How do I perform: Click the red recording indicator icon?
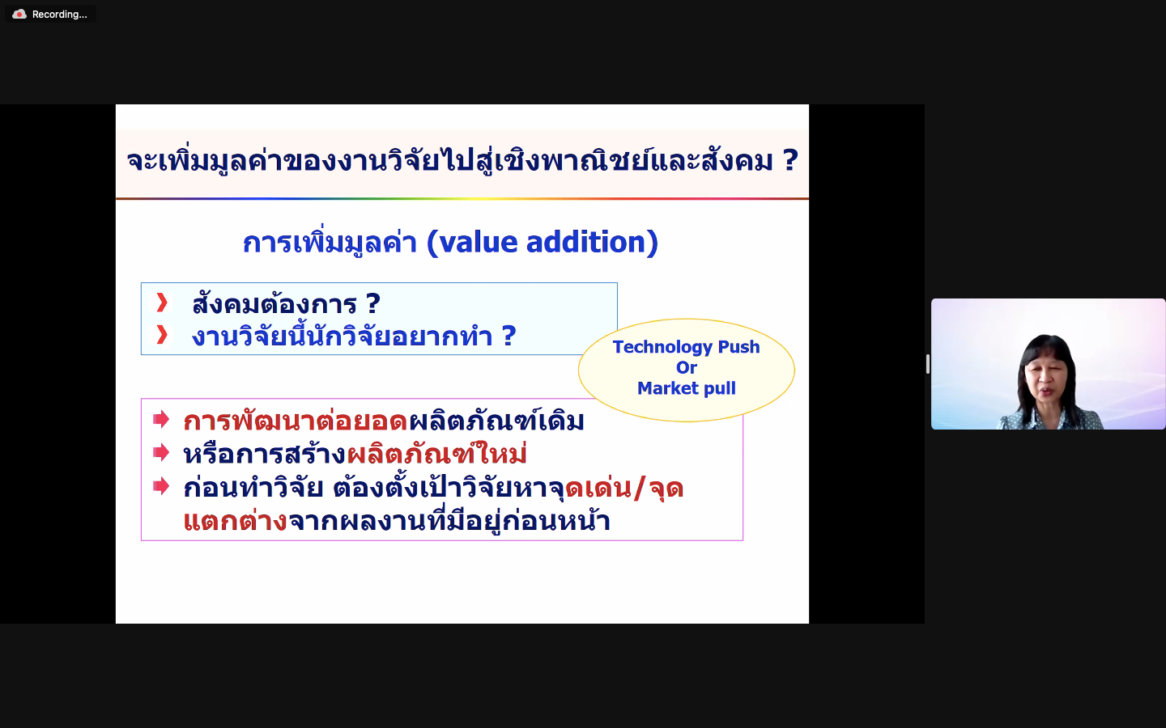pos(19,14)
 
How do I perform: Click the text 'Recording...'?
pos(59,15)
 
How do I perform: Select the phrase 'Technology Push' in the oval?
pos(686,347)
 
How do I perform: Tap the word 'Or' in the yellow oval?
pos(686,367)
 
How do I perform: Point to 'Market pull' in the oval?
pos(686,388)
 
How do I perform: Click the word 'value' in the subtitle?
pos(473,243)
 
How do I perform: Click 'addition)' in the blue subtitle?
pos(593,243)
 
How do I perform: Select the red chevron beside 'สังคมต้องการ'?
pos(162,303)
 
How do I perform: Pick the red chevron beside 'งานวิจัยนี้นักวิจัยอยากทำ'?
pos(162,335)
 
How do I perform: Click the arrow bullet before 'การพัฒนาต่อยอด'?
pos(161,419)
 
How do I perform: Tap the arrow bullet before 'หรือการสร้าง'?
pos(161,452)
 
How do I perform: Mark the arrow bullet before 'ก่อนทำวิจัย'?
pos(161,486)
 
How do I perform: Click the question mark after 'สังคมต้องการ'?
pos(372,303)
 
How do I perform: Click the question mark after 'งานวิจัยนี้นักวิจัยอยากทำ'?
pos(509,336)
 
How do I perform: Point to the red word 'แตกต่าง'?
pos(236,521)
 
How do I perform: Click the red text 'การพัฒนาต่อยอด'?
pos(295,420)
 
